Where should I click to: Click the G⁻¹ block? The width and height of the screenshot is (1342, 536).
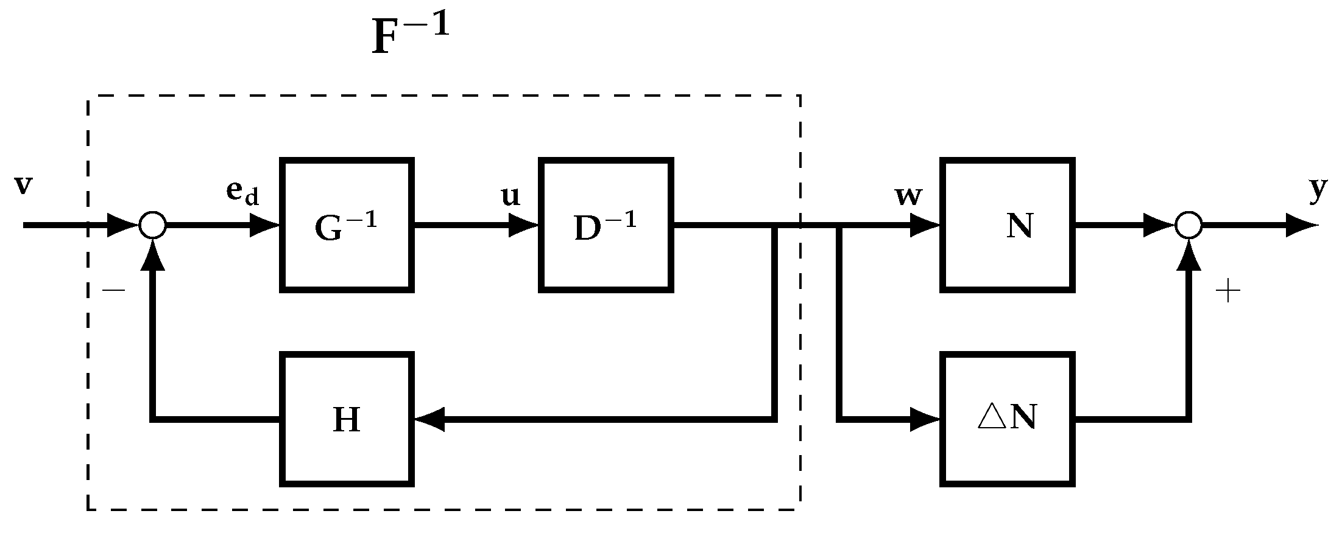click(x=347, y=225)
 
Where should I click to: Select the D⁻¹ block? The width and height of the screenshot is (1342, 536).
click(x=606, y=225)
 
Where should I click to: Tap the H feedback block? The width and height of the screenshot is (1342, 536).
click(x=347, y=419)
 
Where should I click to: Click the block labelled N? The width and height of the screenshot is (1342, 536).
click(x=1007, y=225)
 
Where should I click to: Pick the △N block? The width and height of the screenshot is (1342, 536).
click(x=1007, y=419)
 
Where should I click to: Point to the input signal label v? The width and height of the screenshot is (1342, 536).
click(x=23, y=186)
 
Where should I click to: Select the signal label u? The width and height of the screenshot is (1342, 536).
click(x=510, y=196)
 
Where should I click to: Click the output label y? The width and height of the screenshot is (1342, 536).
click(x=1318, y=190)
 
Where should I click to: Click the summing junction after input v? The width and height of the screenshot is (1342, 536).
click(x=152, y=225)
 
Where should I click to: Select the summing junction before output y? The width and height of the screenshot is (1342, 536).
click(x=1188, y=225)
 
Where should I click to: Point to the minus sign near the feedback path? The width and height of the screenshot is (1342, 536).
click(x=113, y=291)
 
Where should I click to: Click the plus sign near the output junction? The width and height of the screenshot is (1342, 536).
click(x=1227, y=293)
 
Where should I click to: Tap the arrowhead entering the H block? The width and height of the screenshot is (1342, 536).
click(x=429, y=419)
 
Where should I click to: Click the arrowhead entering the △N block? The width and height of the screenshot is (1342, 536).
click(x=925, y=419)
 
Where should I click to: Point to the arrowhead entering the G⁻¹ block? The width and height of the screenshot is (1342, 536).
click(x=265, y=225)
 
